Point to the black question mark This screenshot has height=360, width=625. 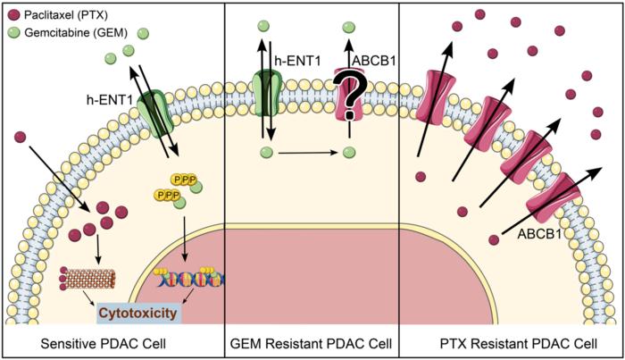coord(352,95)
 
